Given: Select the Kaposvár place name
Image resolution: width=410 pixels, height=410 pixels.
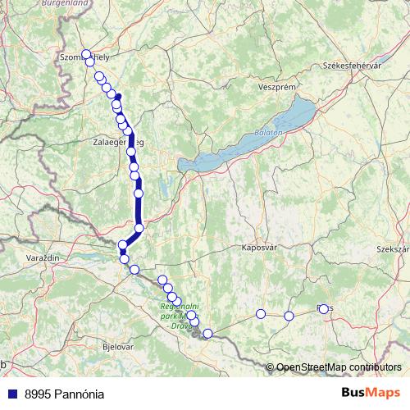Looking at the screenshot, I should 259,246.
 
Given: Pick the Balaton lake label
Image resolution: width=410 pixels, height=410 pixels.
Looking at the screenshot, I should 269,131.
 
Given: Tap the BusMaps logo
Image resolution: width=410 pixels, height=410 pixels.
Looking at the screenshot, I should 371,393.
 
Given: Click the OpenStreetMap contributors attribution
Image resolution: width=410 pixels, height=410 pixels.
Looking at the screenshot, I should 339,367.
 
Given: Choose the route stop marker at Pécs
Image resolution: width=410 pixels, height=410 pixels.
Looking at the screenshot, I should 323,309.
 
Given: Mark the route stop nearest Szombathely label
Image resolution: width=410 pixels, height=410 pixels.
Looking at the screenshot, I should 85,54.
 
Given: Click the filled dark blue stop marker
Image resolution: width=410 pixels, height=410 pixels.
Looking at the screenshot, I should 118,98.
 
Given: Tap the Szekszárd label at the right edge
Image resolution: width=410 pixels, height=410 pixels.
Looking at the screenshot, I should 392,248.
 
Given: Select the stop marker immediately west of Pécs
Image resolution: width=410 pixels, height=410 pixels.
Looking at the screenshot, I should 289,316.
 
